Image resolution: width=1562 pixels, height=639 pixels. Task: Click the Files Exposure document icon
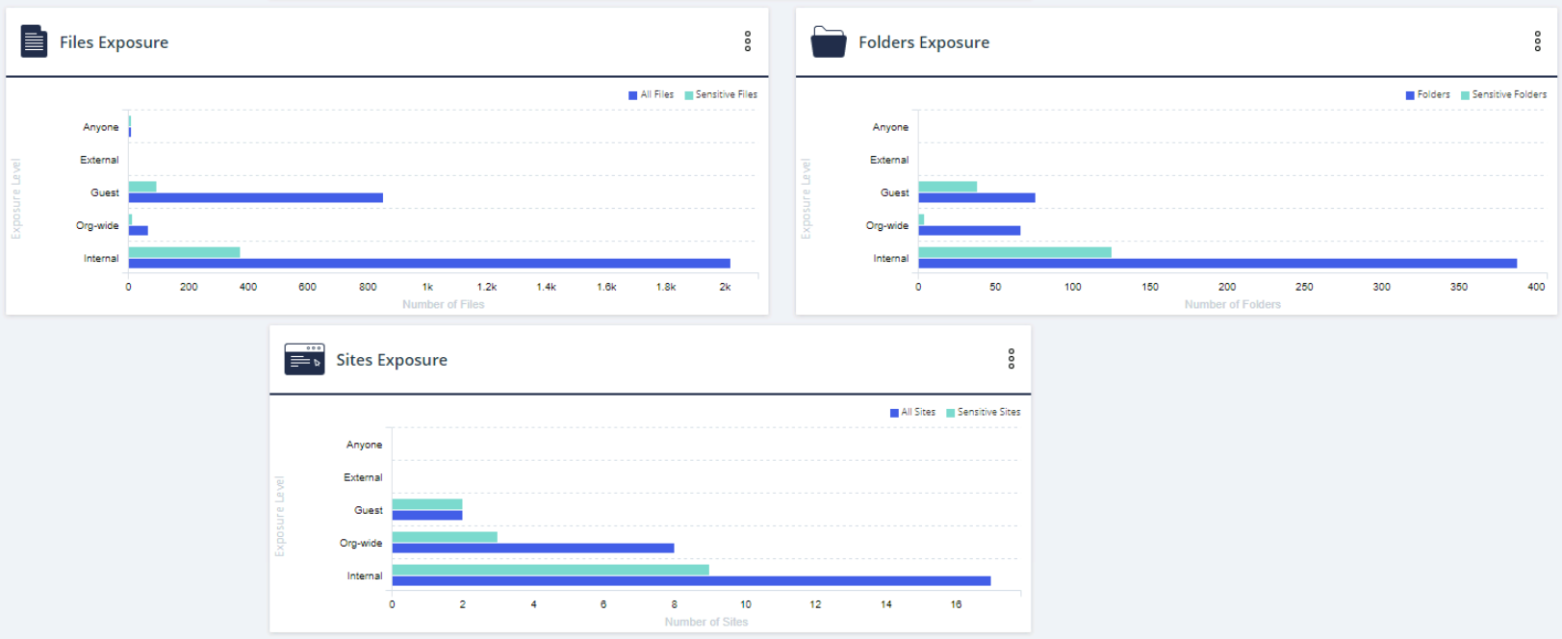[x=34, y=41]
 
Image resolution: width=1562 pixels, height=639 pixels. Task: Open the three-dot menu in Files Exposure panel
[x=748, y=41]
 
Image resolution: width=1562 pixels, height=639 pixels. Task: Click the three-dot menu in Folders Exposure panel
[x=1537, y=41]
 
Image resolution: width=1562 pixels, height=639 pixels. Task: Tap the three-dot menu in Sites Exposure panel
[x=1011, y=359]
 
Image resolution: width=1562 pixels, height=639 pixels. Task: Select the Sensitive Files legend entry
[x=721, y=94]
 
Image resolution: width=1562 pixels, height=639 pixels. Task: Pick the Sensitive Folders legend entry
[x=1503, y=94]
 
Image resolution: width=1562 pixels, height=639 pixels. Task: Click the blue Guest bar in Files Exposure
[x=255, y=198]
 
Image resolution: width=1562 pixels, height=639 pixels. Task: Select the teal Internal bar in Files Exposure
[x=184, y=252]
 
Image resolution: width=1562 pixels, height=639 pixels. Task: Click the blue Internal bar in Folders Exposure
[x=1216, y=264]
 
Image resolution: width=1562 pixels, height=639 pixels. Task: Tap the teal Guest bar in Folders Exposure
[x=947, y=187]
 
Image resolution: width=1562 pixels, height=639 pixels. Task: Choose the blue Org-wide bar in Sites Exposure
[x=532, y=549]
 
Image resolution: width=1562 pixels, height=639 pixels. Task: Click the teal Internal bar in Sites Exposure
[x=550, y=570]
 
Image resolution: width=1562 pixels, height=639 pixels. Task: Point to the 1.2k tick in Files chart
[x=487, y=287]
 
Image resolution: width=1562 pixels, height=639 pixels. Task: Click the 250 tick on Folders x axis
[x=1304, y=287]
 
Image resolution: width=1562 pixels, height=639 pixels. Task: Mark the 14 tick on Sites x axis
[x=885, y=604]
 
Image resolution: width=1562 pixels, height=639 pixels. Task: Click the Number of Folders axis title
[x=1232, y=304]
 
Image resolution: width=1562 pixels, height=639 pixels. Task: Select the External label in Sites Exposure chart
[x=363, y=477]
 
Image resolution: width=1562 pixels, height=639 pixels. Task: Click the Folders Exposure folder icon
[x=828, y=41]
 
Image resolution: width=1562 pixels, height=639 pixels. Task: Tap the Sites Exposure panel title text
[x=391, y=360]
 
